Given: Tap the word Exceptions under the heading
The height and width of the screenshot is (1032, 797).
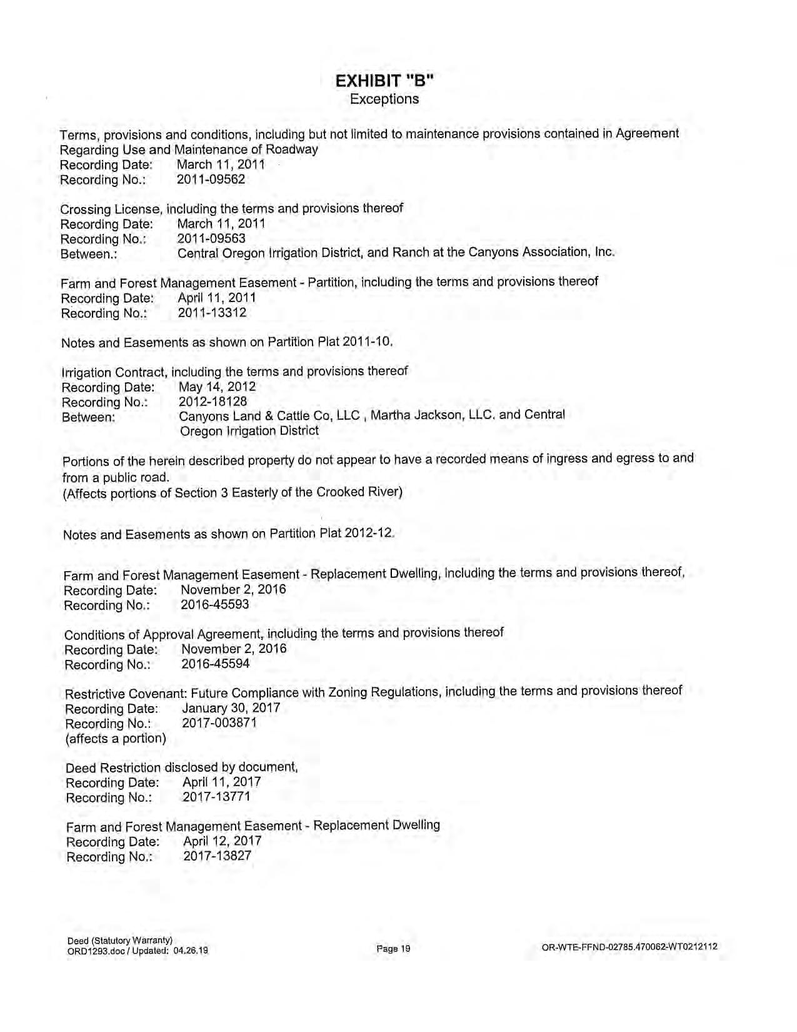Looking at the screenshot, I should tap(384, 99).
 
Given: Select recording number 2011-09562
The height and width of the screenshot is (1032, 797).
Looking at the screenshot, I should tap(211, 180).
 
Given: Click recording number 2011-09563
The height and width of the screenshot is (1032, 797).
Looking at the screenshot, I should tap(211, 239).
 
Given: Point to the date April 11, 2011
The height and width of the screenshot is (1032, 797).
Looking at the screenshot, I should tap(217, 298).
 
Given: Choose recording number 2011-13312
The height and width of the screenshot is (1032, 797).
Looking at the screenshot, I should tap(212, 313).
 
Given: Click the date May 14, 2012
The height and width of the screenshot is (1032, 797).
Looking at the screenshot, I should tap(217, 387).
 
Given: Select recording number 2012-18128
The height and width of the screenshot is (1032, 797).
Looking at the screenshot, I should tap(213, 402).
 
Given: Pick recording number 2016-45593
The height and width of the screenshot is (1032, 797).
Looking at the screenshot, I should tap(215, 605).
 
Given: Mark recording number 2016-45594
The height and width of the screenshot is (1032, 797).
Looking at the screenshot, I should tap(215, 664).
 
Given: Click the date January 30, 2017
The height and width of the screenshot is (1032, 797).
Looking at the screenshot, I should tap(231, 708).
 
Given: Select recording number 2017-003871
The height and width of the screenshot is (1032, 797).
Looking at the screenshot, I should tap(219, 723).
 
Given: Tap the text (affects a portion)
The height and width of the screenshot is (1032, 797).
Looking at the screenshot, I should tap(116, 738).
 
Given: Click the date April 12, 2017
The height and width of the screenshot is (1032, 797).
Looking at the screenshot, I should tap(222, 841).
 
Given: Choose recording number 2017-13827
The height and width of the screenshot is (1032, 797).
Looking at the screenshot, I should tap(217, 856).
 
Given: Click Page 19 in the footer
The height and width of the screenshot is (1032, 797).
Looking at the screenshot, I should tap(393, 949).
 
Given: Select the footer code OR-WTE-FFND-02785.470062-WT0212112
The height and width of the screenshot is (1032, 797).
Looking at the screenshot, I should tap(630, 947).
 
